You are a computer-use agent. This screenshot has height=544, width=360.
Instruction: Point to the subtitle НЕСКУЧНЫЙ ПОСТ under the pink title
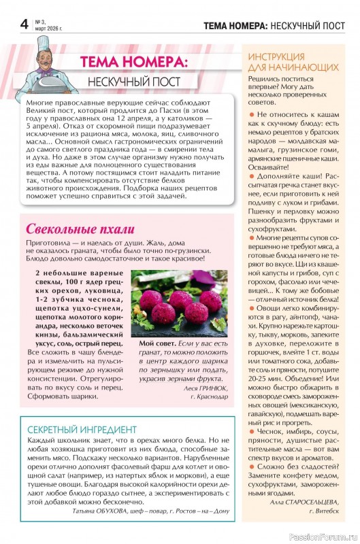tap(134, 82)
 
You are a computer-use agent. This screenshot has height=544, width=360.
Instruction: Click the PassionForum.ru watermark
tap(322, 536)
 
